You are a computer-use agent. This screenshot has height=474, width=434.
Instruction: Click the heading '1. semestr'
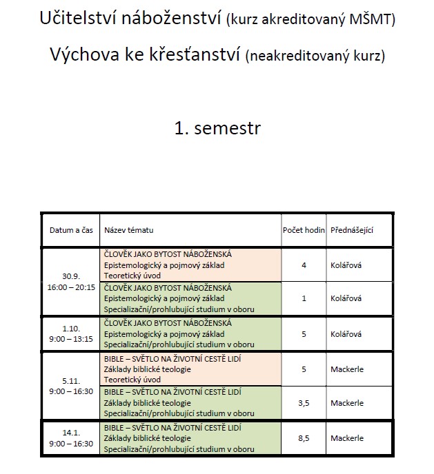217,129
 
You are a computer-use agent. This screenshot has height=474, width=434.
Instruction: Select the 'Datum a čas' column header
71,229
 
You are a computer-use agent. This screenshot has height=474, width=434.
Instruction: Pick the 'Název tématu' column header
129,229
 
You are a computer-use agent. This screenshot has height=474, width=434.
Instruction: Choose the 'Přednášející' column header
352,229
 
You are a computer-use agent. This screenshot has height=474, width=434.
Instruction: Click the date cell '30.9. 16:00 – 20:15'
71,282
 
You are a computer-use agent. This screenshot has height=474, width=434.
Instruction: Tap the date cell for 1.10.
71,333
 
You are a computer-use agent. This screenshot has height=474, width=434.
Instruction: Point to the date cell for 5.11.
71,386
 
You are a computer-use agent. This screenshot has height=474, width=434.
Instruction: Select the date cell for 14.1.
71,438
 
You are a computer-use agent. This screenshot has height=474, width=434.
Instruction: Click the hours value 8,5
304,438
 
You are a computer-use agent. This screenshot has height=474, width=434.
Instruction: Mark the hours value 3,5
304,403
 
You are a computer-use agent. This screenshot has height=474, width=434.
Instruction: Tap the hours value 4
304,265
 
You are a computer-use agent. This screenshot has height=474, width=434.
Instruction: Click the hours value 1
304,299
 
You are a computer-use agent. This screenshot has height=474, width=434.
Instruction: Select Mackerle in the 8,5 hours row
347,438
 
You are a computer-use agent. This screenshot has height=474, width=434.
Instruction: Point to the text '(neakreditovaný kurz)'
315,56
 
